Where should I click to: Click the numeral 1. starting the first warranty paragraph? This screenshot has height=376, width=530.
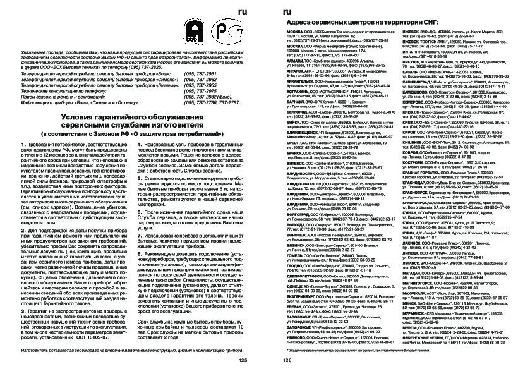point(23,145)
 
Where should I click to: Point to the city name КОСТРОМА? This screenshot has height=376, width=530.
point(413,162)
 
